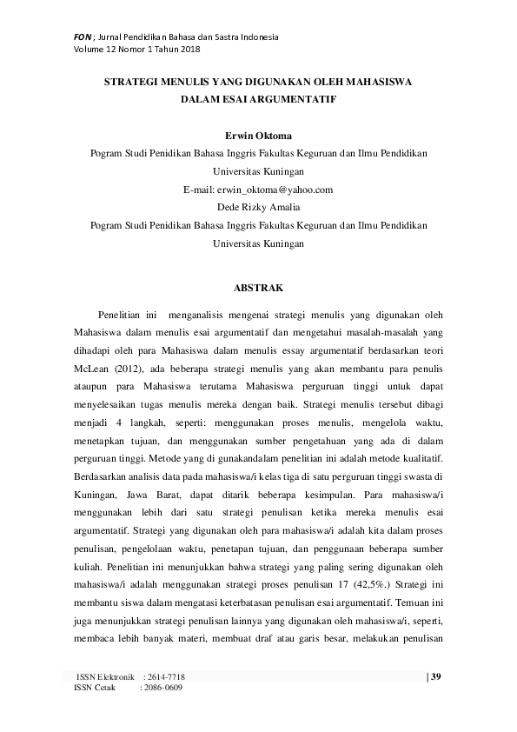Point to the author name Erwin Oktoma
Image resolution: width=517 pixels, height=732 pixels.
pos(258,136)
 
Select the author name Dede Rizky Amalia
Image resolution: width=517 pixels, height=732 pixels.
pos(258,207)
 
